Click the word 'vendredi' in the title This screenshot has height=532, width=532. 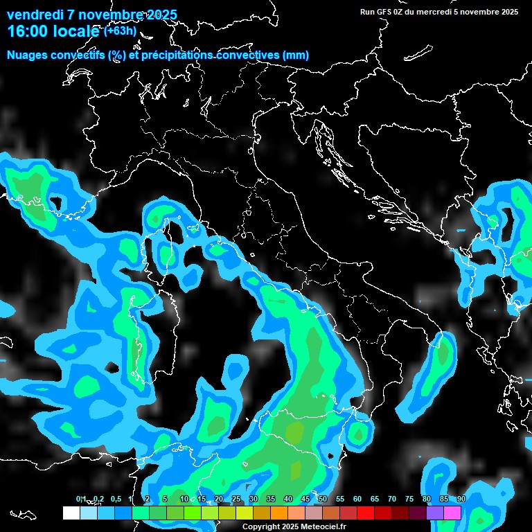[x=35, y=15]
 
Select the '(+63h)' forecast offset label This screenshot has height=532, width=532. [x=120, y=31]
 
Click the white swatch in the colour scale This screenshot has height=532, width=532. [x=71, y=513]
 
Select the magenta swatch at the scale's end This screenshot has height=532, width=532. [x=452, y=513]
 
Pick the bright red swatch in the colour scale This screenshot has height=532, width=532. [x=366, y=513]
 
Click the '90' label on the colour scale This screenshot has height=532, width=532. [x=461, y=499]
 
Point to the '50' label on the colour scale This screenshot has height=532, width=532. [x=323, y=499]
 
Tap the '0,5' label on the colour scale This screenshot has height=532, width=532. [x=115, y=499]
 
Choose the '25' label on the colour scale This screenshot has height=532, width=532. [x=236, y=499]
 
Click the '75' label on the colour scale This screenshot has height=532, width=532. [x=409, y=499]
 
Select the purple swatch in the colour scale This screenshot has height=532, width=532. [x=435, y=513]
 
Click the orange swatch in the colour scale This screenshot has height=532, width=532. [x=279, y=513]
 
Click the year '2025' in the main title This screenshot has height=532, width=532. [x=160, y=15]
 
